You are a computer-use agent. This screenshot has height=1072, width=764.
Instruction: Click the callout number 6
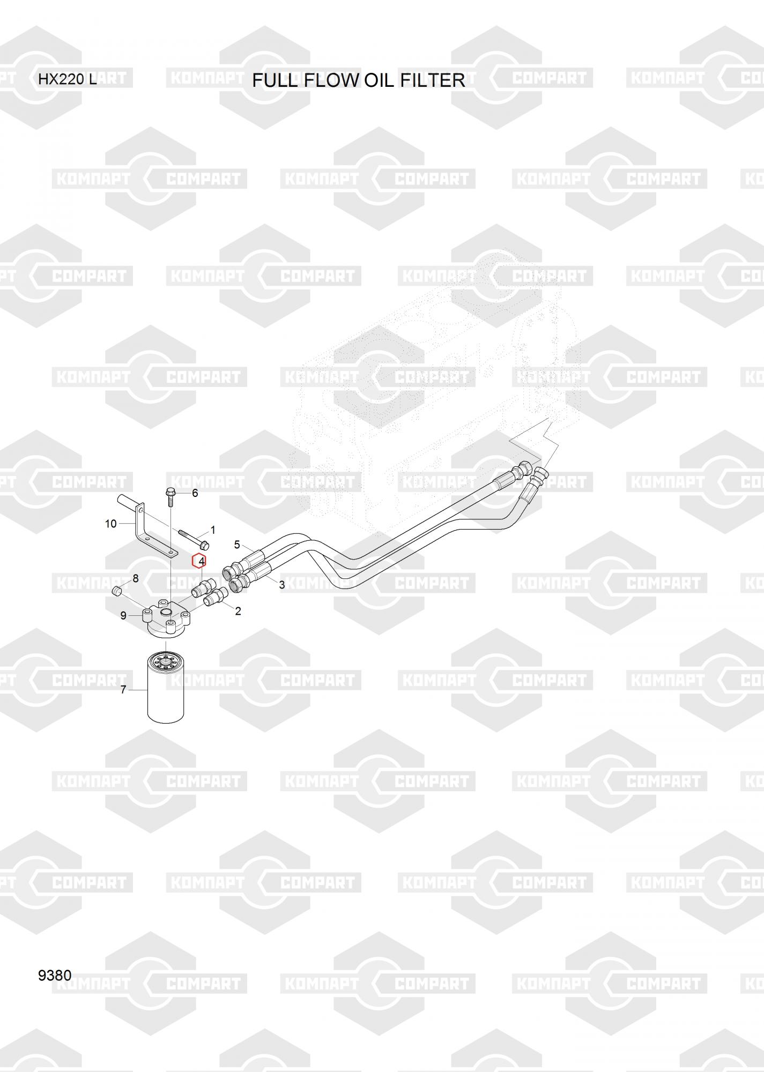pyautogui.click(x=195, y=493)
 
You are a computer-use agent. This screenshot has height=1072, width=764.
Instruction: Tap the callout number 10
pyautogui.click(x=110, y=523)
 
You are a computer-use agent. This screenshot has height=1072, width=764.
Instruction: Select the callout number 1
pyautogui.click(x=213, y=530)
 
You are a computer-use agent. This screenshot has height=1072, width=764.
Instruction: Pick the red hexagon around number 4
pyautogui.click(x=199, y=561)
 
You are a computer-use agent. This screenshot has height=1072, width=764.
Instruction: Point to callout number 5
pyautogui.click(x=237, y=545)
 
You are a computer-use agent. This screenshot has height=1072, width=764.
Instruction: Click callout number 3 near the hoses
pyautogui.click(x=282, y=585)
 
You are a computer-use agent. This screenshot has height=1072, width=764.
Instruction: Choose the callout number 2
pyautogui.click(x=238, y=611)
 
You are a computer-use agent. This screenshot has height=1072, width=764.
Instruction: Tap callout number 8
pyautogui.click(x=136, y=578)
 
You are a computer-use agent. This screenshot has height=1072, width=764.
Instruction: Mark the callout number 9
pyautogui.click(x=123, y=616)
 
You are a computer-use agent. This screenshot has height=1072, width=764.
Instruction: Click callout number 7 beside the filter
pyautogui.click(x=123, y=689)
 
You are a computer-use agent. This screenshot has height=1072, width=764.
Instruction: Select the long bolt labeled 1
pyautogui.click(x=192, y=539)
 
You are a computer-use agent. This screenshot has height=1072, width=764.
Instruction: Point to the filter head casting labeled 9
pyautogui.click(x=166, y=621)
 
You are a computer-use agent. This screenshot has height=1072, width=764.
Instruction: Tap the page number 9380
pyautogui.click(x=55, y=975)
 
